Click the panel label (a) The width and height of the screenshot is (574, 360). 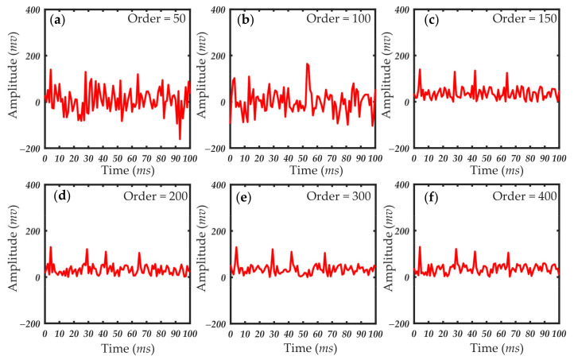57,19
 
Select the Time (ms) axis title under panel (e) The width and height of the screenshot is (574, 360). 302,347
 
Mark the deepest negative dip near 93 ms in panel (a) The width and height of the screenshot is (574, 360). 180,139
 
